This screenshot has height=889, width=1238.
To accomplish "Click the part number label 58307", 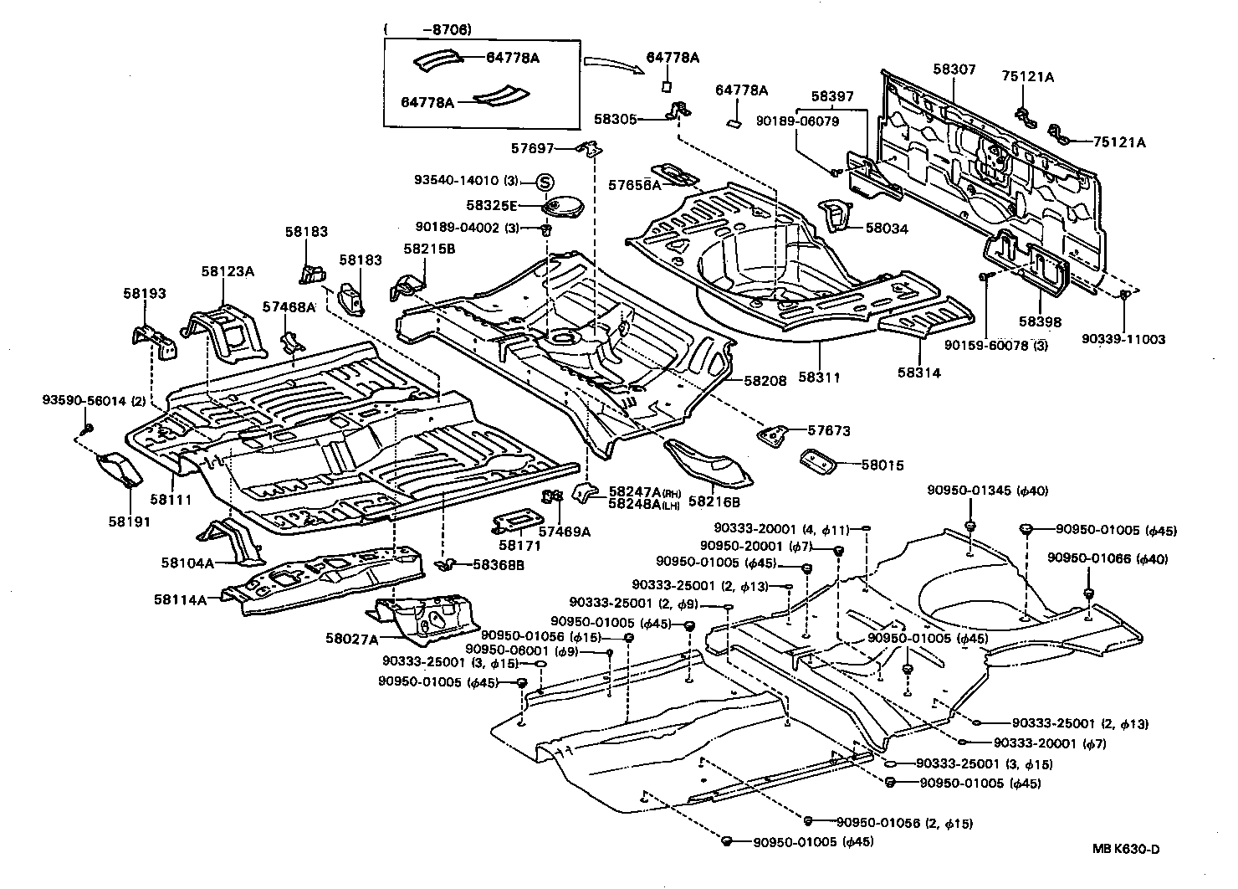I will (x=954, y=69).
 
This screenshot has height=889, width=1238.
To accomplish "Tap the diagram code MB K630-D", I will (x=1126, y=849).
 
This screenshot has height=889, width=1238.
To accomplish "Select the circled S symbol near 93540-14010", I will (x=545, y=182).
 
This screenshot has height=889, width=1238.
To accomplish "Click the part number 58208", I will (x=765, y=380).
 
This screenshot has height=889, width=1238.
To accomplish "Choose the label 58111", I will (x=171, y=500).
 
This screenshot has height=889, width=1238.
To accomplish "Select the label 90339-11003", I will (x=1123, y=339).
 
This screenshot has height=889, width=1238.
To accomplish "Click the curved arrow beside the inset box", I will (x=606, y=64).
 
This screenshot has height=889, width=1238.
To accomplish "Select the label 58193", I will (x=145, y=294).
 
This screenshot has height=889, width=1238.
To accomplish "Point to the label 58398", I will (x=1040, y=321).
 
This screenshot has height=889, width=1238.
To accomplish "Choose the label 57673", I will (x=829, y=431).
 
